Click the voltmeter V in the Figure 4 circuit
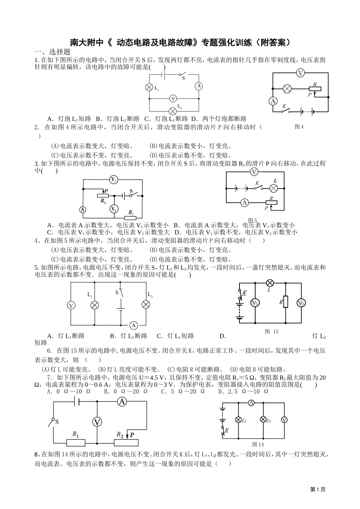tap(301, 73)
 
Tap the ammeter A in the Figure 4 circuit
tap(272, 101)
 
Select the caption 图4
tap(299, 127)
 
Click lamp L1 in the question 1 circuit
tap(149, 87)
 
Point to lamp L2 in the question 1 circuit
tap(173, 111)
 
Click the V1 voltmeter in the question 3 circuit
tap(113, 180)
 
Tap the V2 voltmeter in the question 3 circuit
tap(113, 209)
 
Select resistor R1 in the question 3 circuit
tap(131, 217)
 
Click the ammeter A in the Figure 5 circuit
tap(244, 203)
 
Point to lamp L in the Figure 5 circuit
tap(274, 188)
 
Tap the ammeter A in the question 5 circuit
tap(133, 325)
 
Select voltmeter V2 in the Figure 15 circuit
tap(301, 303)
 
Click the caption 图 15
tap(272, 331)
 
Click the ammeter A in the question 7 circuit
tap(121, 401)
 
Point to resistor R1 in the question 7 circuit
tap(75, 442)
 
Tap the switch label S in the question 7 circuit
tap(56, 421)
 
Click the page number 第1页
tap(318, 489)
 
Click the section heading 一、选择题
tap(53, 52)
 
